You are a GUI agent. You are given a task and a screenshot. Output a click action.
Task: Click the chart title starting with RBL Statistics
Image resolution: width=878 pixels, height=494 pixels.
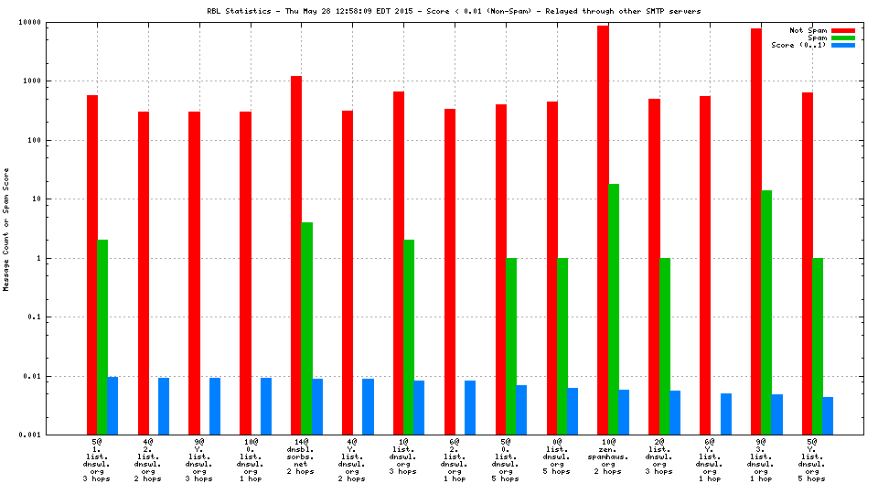click(x=454, y=12)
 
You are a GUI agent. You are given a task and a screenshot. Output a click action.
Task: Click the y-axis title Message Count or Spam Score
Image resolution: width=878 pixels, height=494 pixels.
click(x=6, y=229)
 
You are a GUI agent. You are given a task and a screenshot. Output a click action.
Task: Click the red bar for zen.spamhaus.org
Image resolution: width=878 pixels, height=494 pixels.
click(x=603, y=230)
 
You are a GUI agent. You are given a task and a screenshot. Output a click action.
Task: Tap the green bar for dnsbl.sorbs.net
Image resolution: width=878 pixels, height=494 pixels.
click(x=307, y=328)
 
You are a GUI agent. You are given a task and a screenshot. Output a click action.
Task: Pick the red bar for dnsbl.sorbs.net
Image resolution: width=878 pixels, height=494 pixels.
click(x=296, y=255)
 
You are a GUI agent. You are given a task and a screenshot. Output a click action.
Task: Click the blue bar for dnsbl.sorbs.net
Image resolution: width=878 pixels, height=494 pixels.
click(x=317, y=406)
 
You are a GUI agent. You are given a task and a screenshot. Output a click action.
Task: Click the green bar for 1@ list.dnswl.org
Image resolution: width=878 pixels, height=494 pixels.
click(x=409, y=338)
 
